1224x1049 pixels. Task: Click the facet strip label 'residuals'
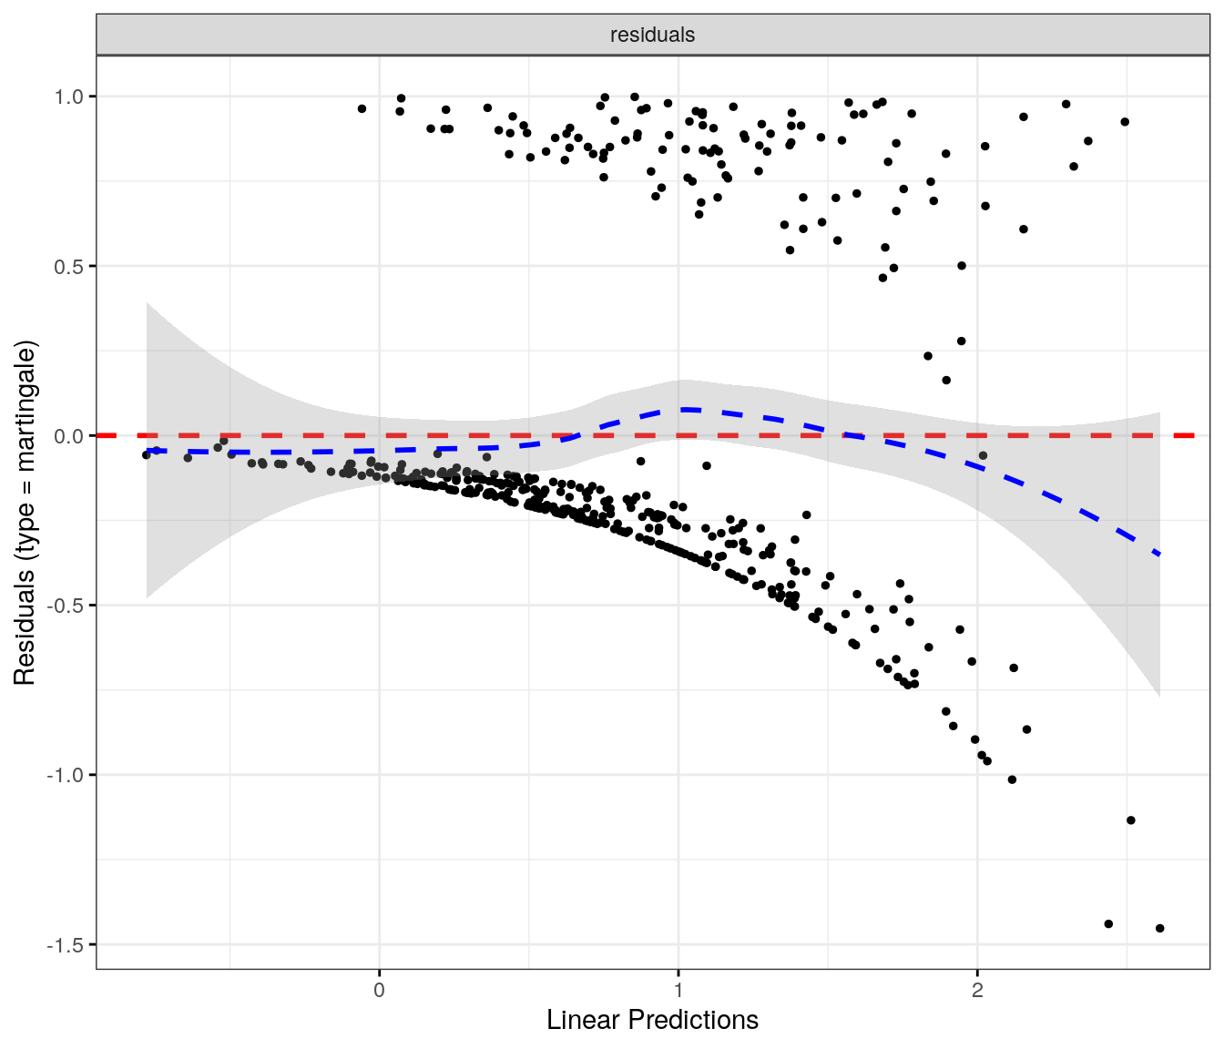point(652,35)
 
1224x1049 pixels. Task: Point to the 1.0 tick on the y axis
point(69,97)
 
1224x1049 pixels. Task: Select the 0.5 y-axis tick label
point(69,266)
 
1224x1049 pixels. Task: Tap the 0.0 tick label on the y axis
point(69,436)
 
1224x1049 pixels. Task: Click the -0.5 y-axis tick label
point(66,606)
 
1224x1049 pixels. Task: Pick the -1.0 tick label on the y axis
point(66,775)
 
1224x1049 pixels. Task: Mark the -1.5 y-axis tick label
point(66,945)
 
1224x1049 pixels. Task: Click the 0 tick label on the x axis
point(379,990)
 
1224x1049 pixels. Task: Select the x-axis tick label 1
point(678,990)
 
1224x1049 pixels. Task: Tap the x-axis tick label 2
point(977,990)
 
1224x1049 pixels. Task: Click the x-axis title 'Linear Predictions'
point(652,1020)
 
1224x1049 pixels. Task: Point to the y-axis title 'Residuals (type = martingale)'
point(25,513)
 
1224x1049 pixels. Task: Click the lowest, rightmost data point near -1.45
point(1159,929)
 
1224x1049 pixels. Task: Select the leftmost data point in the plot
point(146,454)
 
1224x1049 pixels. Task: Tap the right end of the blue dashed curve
point(1158,554)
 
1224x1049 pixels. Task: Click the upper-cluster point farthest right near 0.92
point(1125,122)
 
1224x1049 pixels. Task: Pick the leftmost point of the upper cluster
point(362,108)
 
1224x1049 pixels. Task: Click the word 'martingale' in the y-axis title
point(25,407)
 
